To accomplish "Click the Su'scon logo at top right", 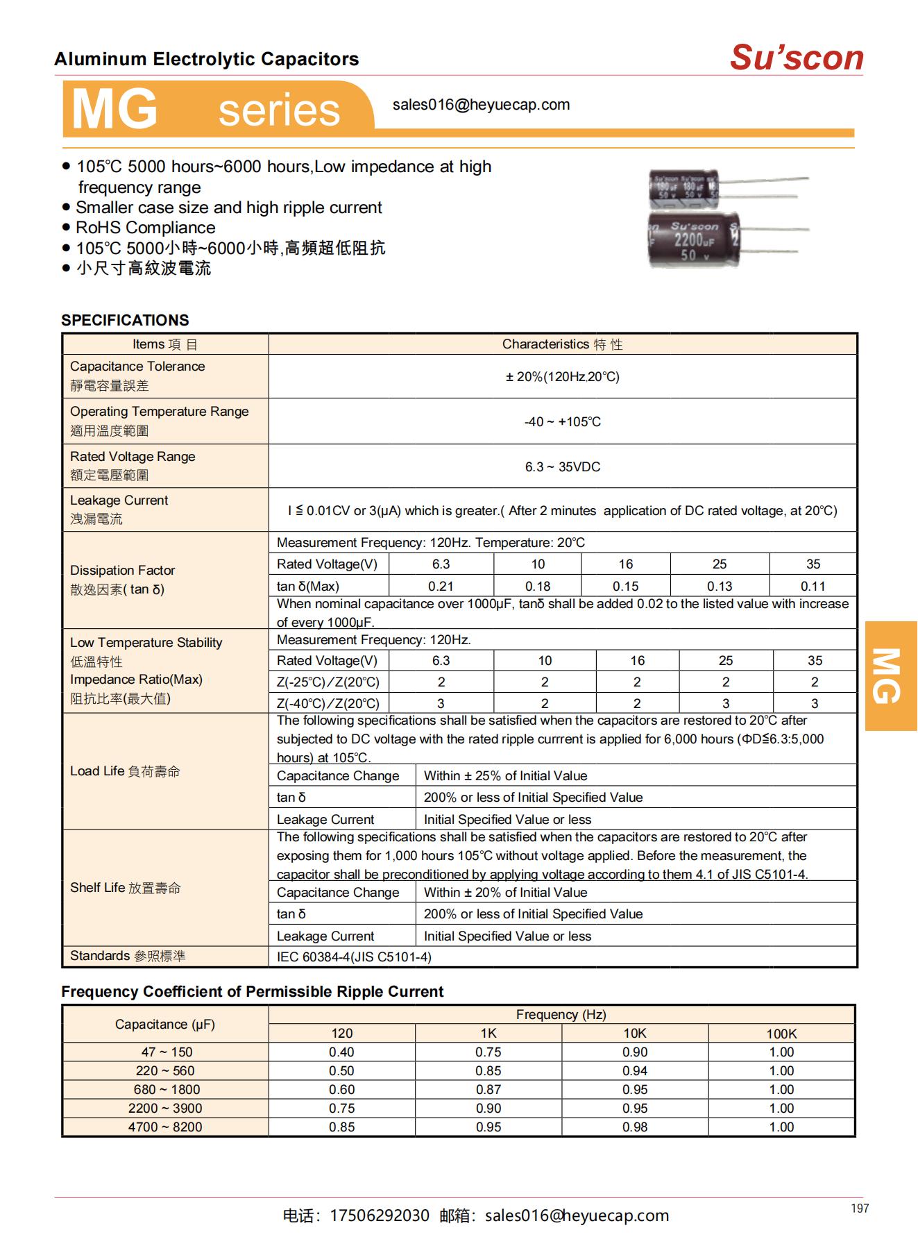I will pos(796,58).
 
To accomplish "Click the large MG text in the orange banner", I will pos(115,110).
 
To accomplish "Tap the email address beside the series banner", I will pos(481,105).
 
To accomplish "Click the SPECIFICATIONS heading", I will pos(125,320).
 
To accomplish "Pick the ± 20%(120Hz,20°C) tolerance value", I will pos(562,377).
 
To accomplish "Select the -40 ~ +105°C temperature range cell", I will pos(562,422).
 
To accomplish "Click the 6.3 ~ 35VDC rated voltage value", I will pos(562,467).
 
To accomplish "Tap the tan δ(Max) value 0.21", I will pos(441,586).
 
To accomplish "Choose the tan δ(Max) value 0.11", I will pos(813,586).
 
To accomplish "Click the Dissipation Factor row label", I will pos(122,571).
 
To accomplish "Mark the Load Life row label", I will pos(125,771).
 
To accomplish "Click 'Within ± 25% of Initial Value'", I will pos(505,776).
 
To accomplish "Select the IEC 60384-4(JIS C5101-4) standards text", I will pos(354,957).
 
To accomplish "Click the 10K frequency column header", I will pos(635,1034).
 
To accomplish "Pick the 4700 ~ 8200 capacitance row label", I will pos(165,1127).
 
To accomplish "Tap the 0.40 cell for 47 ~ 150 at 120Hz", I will pos(341,1052).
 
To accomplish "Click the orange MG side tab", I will pos(890,675).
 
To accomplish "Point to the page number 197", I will pos(859,1209).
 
